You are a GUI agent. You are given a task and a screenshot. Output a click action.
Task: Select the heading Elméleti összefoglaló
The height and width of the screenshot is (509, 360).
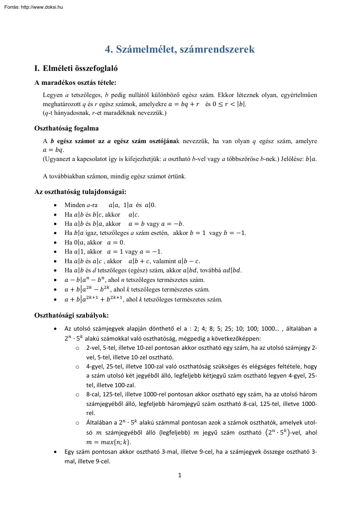click(x=80, y=68)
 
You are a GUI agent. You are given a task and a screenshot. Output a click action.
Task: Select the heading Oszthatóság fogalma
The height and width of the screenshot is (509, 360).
click(x=67, y=128)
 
